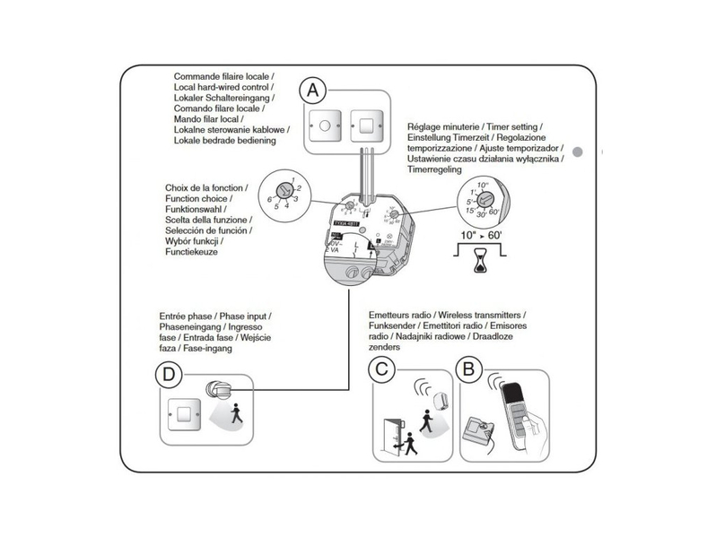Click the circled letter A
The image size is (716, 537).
[311, 90]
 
